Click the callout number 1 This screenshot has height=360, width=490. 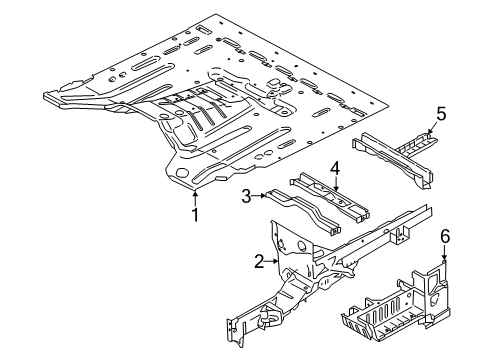point(196,213)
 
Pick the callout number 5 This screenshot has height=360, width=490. point(440,115)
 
